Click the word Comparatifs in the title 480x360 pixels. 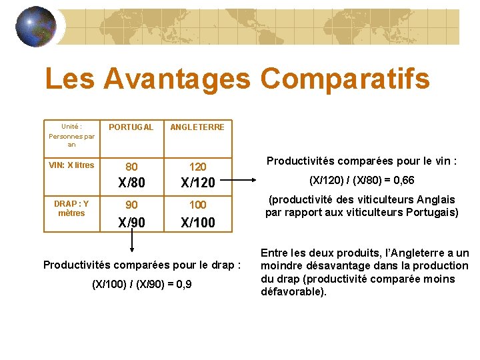click(345, 79)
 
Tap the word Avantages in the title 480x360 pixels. click(176, 79)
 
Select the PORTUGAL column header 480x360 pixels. click(131, 127)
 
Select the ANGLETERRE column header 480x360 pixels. click(197, 127)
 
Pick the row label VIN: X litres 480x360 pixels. click(72, 165)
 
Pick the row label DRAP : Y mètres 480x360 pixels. click(71, 208)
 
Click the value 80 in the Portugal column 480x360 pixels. click(131, 167)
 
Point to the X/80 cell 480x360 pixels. click(131, 181)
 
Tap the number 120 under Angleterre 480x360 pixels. click(198, 167)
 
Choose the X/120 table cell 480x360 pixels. click(198, 181)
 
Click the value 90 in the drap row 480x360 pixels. click(131, 205)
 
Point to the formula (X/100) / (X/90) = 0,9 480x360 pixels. click(141, 284)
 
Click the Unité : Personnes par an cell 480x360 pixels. click(71, 135)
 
